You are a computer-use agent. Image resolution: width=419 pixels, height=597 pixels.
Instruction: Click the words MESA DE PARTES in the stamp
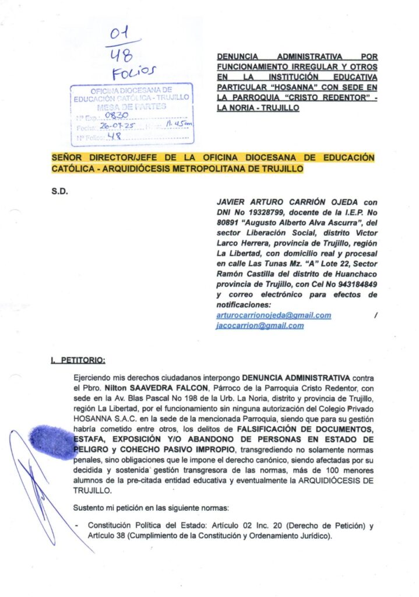tap(132, 106)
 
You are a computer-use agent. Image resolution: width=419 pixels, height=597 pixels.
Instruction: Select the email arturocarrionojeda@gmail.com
tap(273, 315)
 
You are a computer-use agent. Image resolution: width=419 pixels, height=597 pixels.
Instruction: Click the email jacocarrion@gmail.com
tap(259, 325)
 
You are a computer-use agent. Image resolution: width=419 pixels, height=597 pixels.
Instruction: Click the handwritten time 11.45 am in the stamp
tap(177, 124)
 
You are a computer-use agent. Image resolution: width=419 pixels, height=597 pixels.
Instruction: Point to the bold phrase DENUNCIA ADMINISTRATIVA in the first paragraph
tap(298, 375)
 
